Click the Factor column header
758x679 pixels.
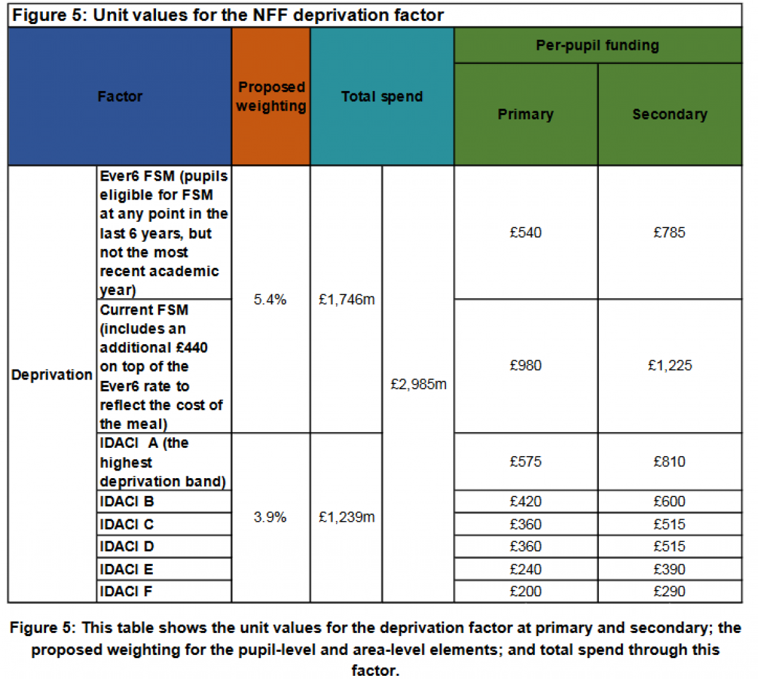(x=120, y=97)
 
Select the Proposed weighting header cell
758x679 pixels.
(x=271, y=97)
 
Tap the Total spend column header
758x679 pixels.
(x=382, y=97)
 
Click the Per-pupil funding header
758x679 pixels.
(x=598, y=45)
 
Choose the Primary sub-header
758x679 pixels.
(x=526, y=114)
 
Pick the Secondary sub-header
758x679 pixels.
(x=670, y=114)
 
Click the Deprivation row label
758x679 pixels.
(x=52, y=375)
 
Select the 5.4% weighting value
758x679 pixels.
(x=270, y=299)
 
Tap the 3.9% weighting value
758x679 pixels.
(x=270, y=517)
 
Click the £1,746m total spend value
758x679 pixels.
(x=347, y=299)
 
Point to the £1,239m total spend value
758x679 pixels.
(x=347, y=517)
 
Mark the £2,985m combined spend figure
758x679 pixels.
(x=418, y=384)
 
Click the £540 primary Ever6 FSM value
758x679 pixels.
(x=526, y=232)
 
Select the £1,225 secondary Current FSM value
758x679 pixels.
(x=670, y=366)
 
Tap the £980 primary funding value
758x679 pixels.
(x=526, y=366)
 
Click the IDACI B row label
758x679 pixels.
(x=127, y=502)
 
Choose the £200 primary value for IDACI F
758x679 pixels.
(x=526, y=591)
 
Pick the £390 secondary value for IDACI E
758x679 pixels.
(x=670, y=569)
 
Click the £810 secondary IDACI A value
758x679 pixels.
(x=670, y=462)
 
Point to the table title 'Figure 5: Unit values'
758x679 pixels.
(x=227, y=15)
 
